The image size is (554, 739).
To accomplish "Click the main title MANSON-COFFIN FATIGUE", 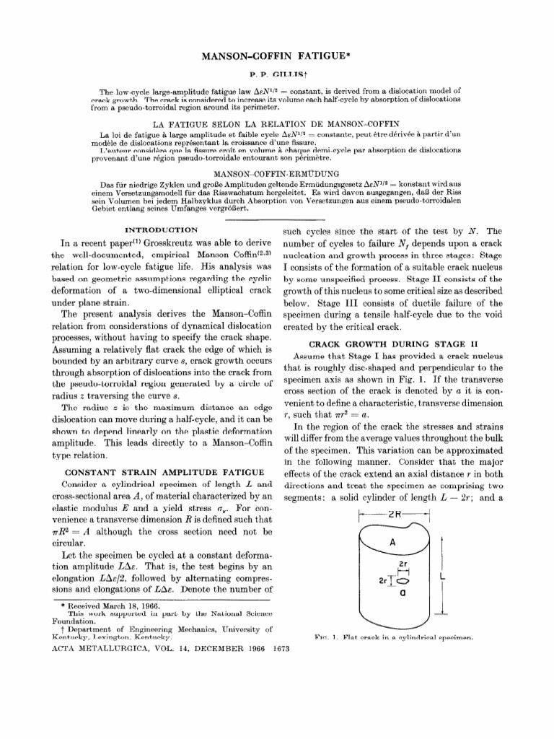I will coord(277,56).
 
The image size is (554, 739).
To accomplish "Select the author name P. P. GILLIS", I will coord(276,75).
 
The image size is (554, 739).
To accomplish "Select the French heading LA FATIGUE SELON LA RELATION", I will coord(276,124).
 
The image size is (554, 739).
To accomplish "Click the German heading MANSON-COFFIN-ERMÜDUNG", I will coord(276,175).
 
